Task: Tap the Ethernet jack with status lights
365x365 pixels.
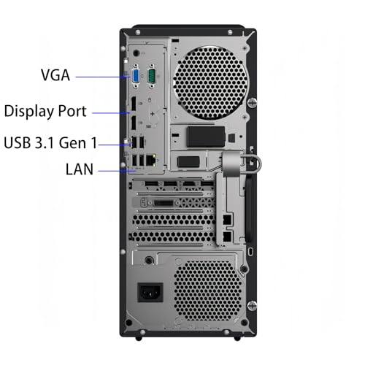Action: [150, 158]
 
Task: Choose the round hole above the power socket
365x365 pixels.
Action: [150, 259]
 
